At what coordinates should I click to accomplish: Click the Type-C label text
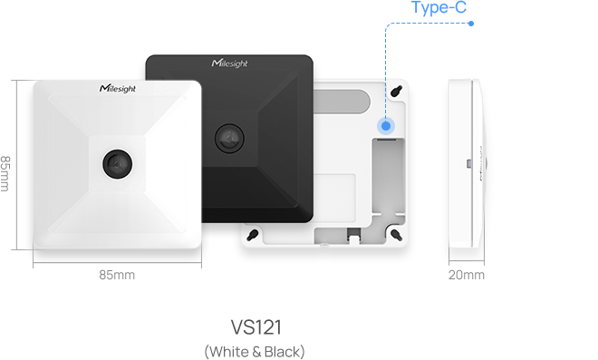tap(439, 9)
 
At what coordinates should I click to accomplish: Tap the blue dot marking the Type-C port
tap(387, 127)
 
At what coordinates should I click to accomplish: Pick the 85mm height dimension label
tap(7, 173)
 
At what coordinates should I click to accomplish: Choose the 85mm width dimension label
tap(117, 275)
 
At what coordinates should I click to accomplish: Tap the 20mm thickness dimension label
tap(466, 275)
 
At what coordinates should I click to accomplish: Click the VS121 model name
tap(255, 326)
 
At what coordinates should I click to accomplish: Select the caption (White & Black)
tap(255, 351)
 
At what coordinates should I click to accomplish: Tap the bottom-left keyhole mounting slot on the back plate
tap(254, 234)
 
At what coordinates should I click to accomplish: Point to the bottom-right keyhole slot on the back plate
tap(397, 233)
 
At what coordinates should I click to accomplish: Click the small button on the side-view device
tap(467, 164)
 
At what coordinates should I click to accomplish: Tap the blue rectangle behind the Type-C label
tap(428, 54)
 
